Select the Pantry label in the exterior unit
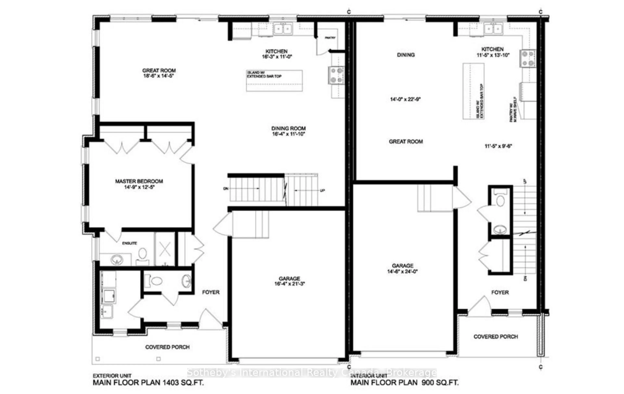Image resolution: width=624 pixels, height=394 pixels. (330, 38)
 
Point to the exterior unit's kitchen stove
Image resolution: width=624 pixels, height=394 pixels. (336, 75)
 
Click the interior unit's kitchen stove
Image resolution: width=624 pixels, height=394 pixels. (527, 58)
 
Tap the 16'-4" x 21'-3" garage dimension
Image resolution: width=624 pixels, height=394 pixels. (289, 284)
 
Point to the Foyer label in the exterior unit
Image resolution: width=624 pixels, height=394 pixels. (211, 292)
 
